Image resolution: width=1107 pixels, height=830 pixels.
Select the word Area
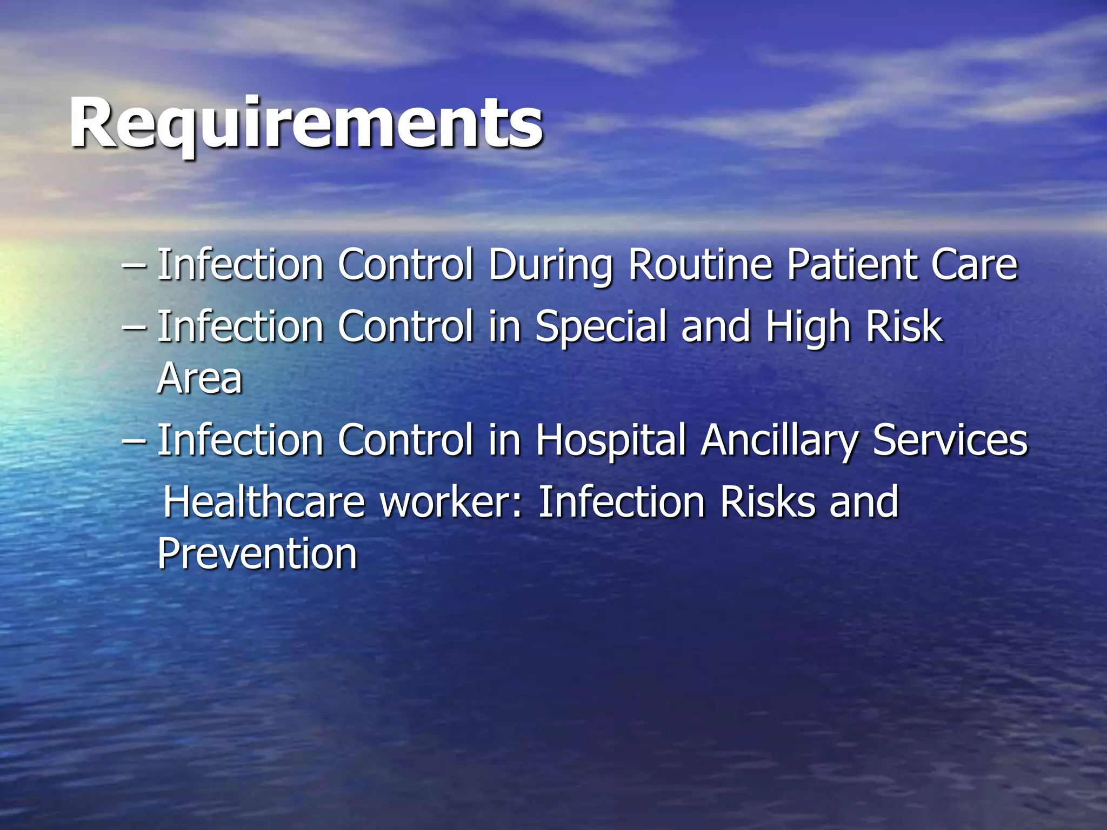(x=199, y=378)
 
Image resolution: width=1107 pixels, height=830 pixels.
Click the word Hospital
(x=610, y=440)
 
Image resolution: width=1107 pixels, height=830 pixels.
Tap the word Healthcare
(x=264, y=502)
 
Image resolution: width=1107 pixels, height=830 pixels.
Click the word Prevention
(x=257, y=554)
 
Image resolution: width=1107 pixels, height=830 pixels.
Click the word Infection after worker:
(x=622, y=502)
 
